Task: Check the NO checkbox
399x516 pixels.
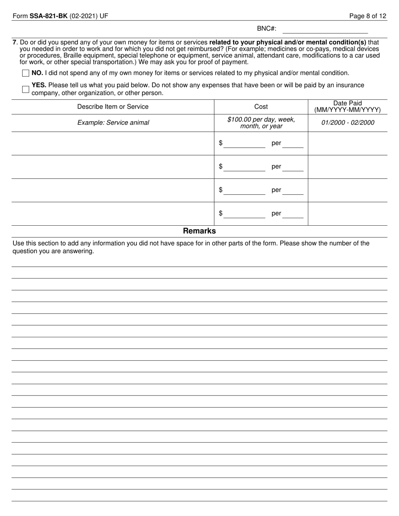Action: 26,73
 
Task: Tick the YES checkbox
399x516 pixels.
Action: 26,89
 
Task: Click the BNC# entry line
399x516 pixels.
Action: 325,29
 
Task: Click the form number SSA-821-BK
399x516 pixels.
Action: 48,16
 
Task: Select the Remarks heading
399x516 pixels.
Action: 199,231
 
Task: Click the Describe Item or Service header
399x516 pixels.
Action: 113,107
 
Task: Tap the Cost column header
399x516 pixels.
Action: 261,107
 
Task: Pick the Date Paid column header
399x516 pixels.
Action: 347,107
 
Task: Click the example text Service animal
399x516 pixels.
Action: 113,123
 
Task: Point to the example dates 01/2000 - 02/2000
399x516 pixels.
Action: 347,123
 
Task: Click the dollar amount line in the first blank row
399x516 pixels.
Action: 244,144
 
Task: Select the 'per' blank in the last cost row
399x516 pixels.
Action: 293,214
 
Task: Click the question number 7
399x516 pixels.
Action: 15,42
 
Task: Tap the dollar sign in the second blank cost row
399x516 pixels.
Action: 220,167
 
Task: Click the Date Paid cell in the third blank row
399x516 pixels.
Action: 347,190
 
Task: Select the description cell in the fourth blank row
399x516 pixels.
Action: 113,214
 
